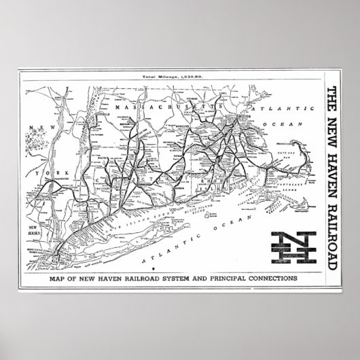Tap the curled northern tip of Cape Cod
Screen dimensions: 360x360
[293, 143]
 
